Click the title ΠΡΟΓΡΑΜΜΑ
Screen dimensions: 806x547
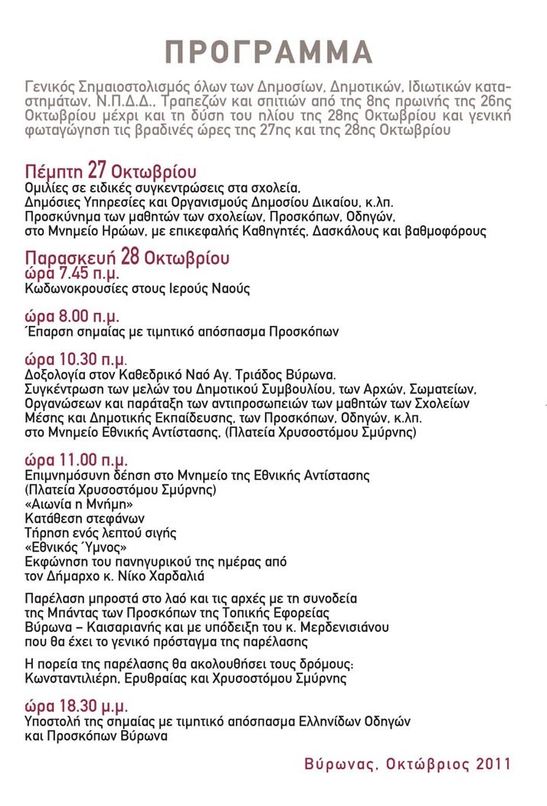(270, 51)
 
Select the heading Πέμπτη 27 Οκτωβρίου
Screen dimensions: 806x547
(110, 170)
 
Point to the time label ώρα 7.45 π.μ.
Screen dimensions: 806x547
(72, 273)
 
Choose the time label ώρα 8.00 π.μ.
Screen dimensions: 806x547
(72, 317)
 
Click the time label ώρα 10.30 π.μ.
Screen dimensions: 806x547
(76, 360)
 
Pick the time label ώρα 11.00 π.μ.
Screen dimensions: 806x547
(76, 462)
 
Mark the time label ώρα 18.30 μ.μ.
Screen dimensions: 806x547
(76, 706)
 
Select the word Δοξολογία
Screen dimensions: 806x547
(56, 375)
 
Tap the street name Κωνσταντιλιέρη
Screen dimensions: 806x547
(74, 678)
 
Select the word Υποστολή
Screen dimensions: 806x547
(53, 722)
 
